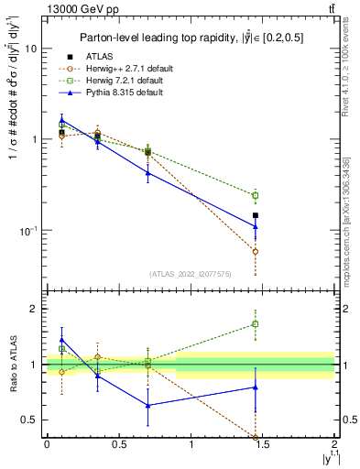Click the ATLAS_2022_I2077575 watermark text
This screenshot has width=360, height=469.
(190, 274)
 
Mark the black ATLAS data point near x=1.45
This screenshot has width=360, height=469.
(256, 215)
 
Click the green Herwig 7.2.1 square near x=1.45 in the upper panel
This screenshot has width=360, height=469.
(256, 195)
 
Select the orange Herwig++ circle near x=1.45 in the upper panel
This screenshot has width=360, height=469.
(256, 251)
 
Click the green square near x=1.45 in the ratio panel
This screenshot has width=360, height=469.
(256, 323)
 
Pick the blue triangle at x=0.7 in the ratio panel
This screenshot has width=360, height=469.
(147, 405)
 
